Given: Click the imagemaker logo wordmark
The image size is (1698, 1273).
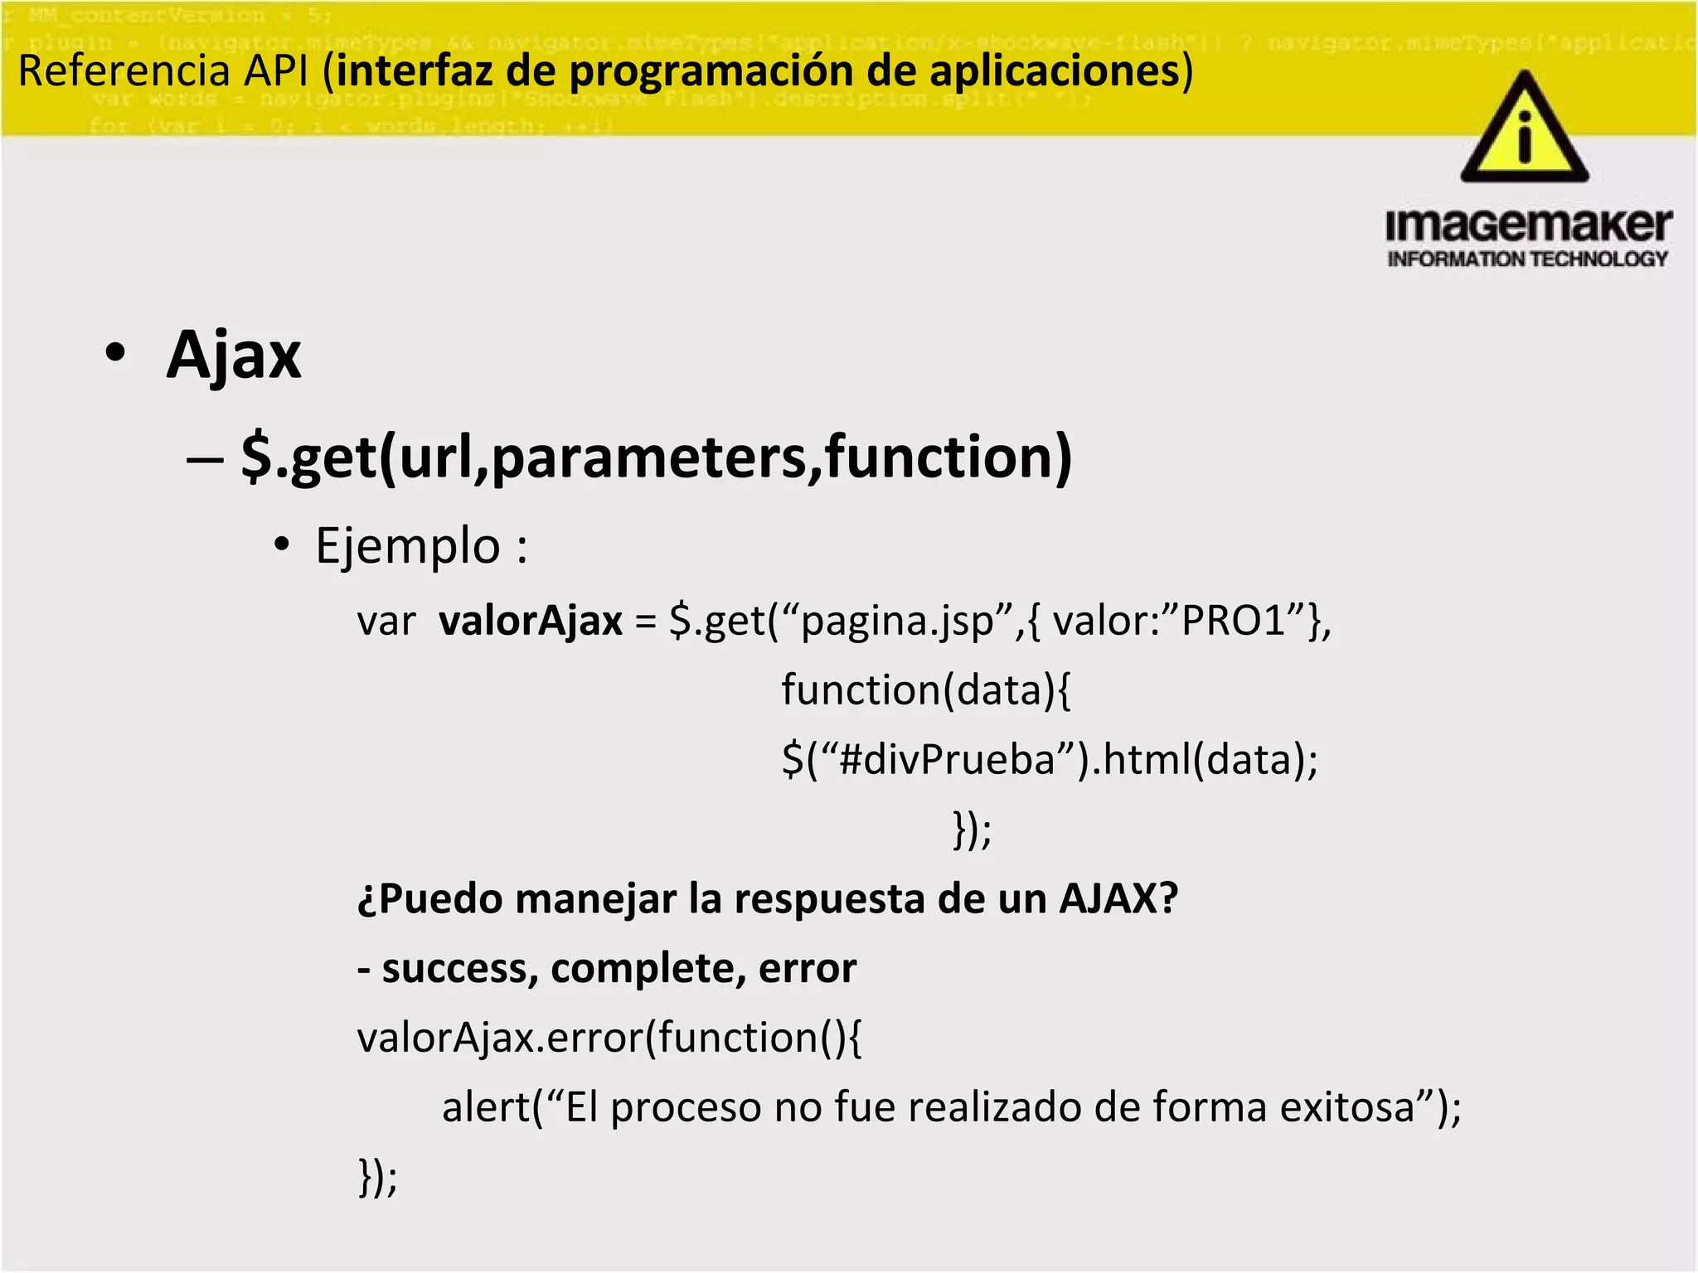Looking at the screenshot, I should (x=1528, y=225).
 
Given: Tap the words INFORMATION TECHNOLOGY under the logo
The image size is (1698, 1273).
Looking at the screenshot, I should (x=1527, y=259).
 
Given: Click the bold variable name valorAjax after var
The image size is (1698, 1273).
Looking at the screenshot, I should (x=530, y=622).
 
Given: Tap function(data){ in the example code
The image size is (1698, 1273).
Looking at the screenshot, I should (x=925, y=690).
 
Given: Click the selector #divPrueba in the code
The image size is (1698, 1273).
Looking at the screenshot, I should (x=946, y=760).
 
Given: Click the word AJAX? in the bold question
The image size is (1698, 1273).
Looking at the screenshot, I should (x=1118, y=898).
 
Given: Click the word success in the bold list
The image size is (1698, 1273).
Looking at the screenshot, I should (x=453, y=968).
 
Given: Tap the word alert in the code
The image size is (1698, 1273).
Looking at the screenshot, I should (x=484, y=1107).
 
